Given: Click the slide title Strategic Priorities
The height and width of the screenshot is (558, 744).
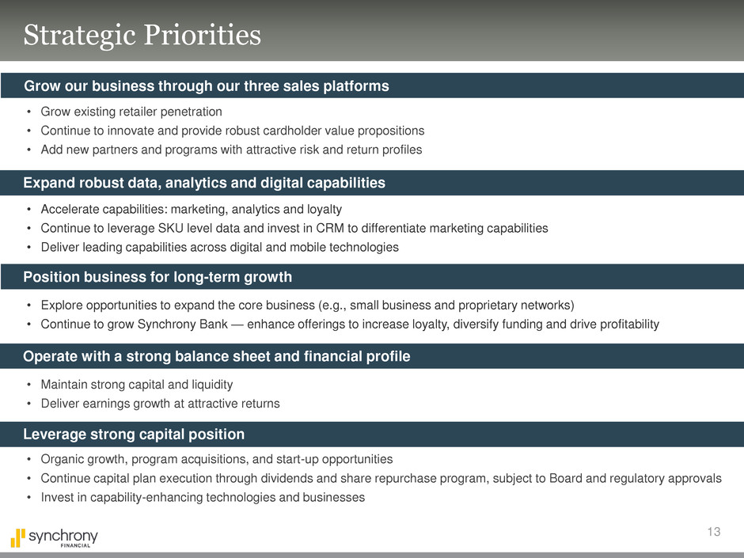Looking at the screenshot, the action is click(142, 36).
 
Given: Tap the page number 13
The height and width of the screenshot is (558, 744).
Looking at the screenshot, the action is click(714, 531).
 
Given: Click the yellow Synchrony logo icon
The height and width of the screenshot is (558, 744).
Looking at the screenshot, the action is click(18, 538).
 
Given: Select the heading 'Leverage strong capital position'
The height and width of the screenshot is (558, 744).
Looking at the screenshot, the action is click(134, 435).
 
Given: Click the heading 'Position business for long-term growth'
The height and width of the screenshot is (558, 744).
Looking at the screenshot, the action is click(158, 277).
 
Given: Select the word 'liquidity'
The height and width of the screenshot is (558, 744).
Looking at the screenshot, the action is click(212, 385).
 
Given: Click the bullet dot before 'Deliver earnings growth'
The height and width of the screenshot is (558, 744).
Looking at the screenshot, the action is click(29, 404).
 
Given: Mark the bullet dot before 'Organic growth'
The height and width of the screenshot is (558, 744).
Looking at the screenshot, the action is click(29, 459).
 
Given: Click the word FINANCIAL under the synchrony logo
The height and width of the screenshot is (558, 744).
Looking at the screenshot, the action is click(75, 545).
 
